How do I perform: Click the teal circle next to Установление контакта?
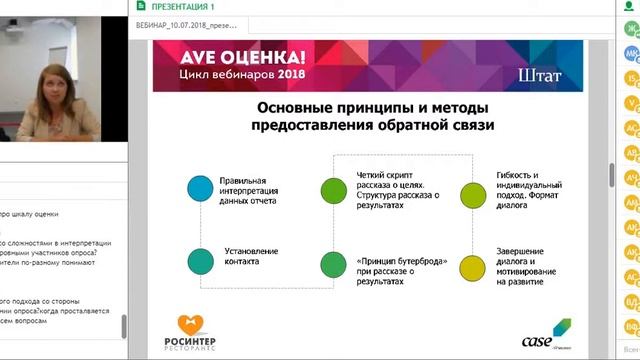200,261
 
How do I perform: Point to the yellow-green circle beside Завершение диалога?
471,264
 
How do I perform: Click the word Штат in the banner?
541,74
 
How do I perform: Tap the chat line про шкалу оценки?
29,214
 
